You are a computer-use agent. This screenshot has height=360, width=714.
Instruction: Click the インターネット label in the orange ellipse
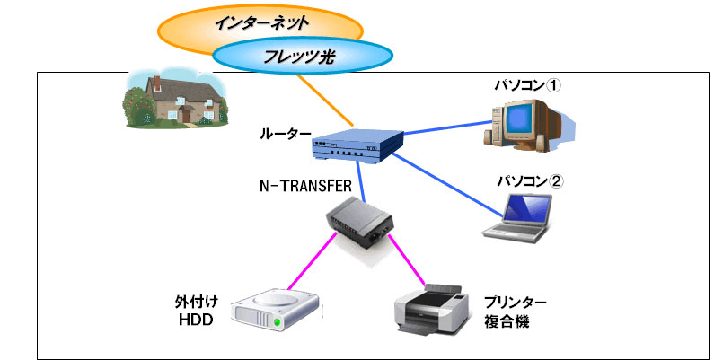pyautogui.click(x=261, y=22)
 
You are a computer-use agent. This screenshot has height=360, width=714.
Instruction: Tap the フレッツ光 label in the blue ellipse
pyautogui.click(x=299, y=57)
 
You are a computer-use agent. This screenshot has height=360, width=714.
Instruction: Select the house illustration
pyautogui.click(x=175, y=98)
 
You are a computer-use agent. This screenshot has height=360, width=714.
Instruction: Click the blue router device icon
pyautogui.click(x=358, y=145)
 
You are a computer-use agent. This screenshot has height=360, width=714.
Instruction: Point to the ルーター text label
pyautogui.click(x=286, y=134)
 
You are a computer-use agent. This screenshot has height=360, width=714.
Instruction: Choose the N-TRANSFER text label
pyautogui.click(x=305, y=186)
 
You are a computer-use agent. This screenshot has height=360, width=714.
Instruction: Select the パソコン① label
pyautogui.click(x=528, y=85)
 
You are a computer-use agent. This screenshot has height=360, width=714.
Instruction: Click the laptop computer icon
pyautogui.click(x=517, y=217)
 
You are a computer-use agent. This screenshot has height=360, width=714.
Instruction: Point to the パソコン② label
pyautogui.click(x=530, y=181)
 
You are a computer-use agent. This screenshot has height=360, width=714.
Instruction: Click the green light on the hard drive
pyautogui.click(x=277, y=322)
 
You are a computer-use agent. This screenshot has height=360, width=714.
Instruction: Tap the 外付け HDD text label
pyautogui.click(x=197, y=311)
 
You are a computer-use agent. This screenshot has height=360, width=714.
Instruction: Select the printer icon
pyautogui.click(x=431, y=308)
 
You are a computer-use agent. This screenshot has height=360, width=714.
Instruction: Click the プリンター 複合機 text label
pyautogui.click(x=515, y=312)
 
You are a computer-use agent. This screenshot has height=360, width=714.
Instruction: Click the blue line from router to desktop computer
pyautogui.click(x=447, y=127)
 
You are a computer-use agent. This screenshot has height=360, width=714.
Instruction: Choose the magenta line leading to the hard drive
pyautogui.click(x=313, y=260)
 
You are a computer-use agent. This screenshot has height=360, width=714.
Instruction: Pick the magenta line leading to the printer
pyautogui.click(x=407, y=260)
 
